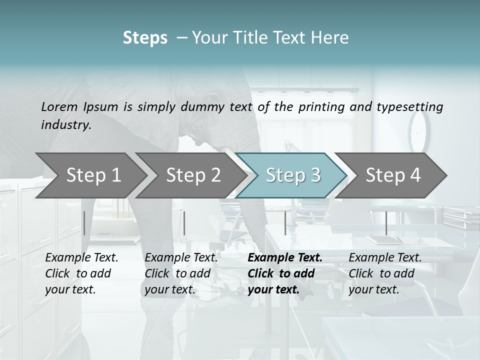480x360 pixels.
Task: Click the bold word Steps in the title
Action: (x=145, y=38)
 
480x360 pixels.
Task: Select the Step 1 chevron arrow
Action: (x=90, y=175)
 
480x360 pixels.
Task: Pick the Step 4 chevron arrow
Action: (x=392, y=175)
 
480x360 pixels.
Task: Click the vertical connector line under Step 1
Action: (x=84, y=223)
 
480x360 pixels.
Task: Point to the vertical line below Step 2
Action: (x=184, y=223)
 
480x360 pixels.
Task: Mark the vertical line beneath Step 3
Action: (x=285, y=223)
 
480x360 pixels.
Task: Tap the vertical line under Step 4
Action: (x=386, y=223)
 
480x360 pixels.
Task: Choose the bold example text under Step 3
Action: (x=284, y=273)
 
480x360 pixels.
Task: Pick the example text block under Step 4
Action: (x=385, y=273)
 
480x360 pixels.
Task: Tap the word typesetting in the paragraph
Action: (x=414, y=106)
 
